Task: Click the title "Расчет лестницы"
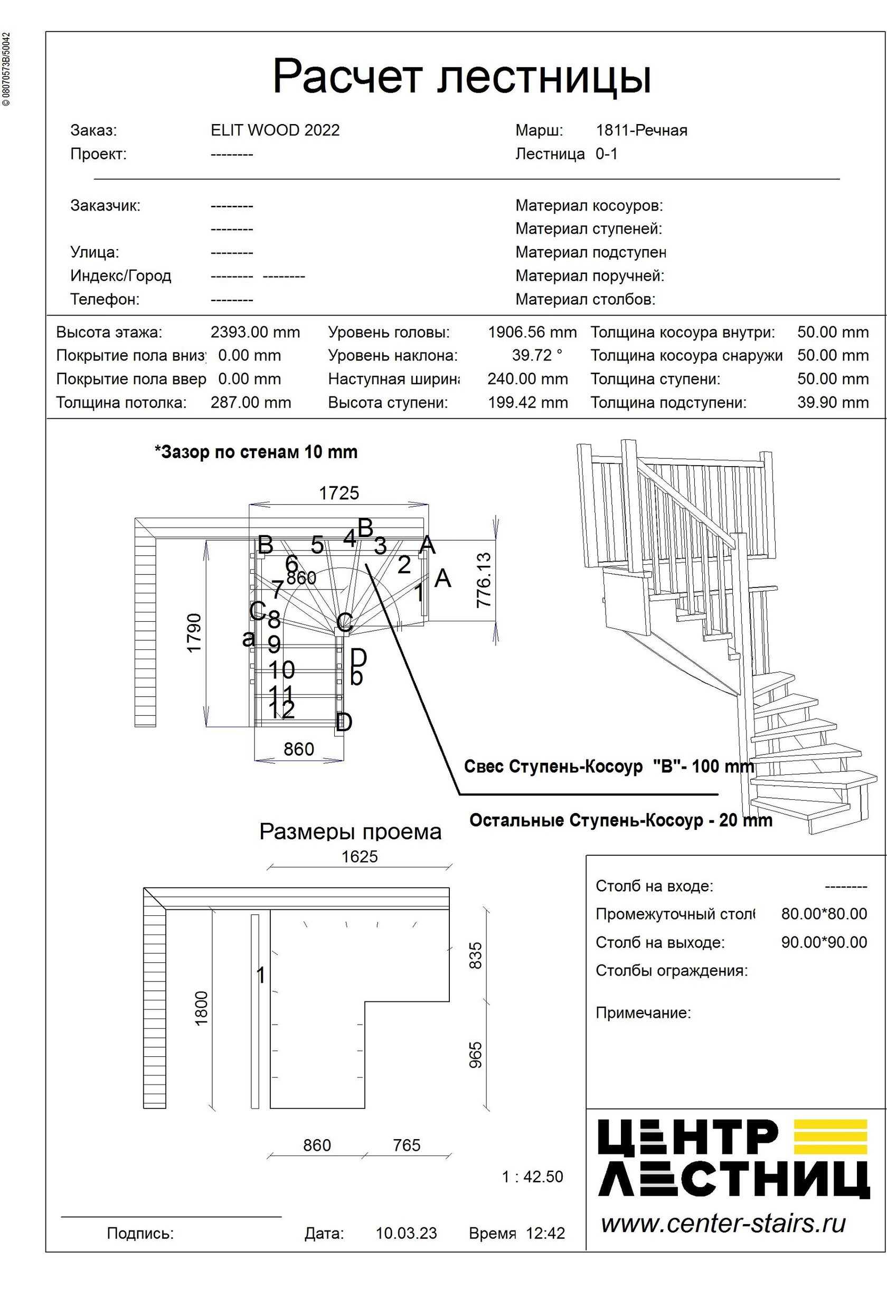461,77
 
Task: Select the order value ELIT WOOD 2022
275,130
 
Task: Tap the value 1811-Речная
641,130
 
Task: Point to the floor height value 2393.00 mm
255,333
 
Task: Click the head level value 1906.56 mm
532,333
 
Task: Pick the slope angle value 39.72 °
537,355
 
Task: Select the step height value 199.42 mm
527,402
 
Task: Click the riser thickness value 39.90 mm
832,402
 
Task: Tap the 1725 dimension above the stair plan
339,494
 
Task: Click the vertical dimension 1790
194,633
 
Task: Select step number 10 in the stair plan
281,670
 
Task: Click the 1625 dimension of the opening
360,857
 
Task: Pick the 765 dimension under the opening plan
407,1145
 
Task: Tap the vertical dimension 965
475,1055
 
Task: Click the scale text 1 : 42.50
533,1177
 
